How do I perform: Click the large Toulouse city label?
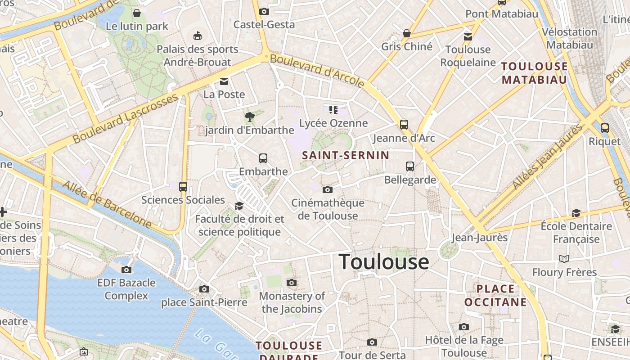(x=384, y=262)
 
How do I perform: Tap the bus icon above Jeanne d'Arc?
(x=404, y=124)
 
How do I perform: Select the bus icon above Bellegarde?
(x=410, y=166)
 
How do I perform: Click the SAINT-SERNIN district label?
(x=346, y=156)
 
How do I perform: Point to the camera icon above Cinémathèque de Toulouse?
(x=328, y=189)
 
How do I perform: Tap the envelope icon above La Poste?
(x=224, y=81)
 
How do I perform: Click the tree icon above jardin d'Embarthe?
(x=249, y=117)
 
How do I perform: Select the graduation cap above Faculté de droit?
(x=239, y=206)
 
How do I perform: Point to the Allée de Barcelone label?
(x=107, y=204)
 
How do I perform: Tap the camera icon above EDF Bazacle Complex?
(x=126, y=270)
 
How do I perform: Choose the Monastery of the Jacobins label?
(x=292, y=302)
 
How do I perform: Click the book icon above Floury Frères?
(x=564, y=259)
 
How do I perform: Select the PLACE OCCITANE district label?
(x=495, y=295)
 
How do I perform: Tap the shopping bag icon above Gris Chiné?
(x=407, y=33)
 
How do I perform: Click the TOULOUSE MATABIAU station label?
(x=535, y=73)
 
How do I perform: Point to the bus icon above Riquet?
(x=604, y=128)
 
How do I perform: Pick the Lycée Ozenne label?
(x=333, y=123)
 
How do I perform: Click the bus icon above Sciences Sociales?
(x=183, y=186)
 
